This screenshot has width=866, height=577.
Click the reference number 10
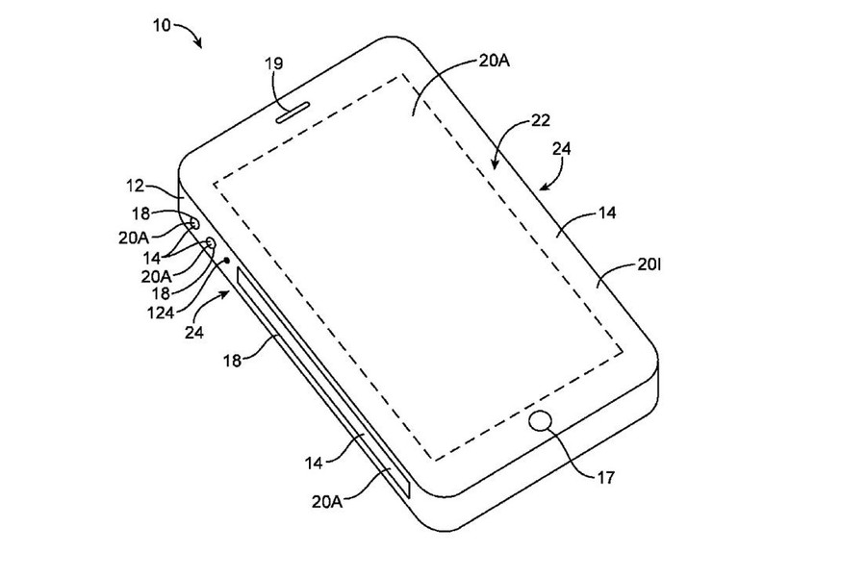(162, 25)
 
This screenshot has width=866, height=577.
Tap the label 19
(274, 63)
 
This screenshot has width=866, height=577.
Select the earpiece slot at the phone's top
(293, 113)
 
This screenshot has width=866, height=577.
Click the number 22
(541, 120)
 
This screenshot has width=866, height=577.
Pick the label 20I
(649, 265)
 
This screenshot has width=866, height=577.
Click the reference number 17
(606, 477)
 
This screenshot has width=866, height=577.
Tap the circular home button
(541, 421)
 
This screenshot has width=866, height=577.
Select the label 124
(161, 314)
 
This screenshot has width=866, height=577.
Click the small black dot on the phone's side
(226, 260)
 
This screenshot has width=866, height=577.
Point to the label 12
(135, 186)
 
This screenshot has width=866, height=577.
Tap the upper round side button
(193, 223)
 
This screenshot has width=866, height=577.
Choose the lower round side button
(211, 242)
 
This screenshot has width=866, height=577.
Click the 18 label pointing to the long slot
(233, 361)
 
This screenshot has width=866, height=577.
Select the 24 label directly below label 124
(193, 333)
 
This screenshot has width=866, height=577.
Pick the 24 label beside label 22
(561, 148)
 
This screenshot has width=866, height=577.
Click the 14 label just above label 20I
(606, 213)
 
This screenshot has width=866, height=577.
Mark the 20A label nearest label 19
(494, 61)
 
